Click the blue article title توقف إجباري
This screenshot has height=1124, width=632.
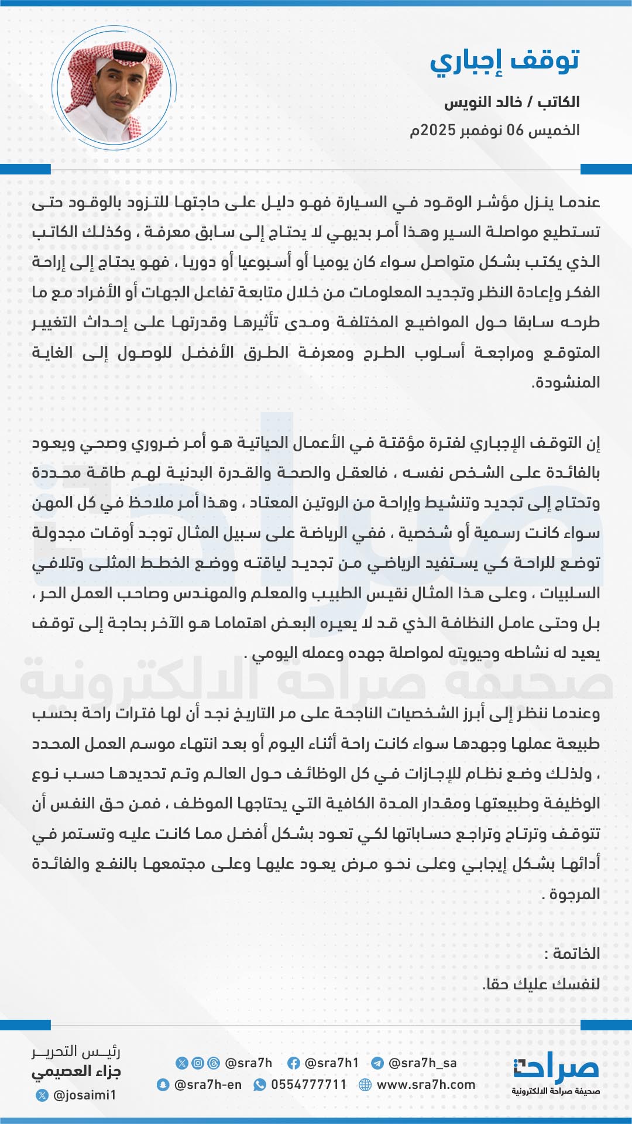point(504,61)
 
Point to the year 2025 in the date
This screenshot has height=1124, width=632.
point(438,130)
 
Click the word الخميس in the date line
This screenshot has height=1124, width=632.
point(553,130)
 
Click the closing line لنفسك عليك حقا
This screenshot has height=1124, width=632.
point(541,984)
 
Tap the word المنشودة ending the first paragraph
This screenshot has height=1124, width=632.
point(566,383)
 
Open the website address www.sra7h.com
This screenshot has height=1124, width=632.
point(426,1085)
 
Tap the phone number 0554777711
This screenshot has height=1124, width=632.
point(308,1085)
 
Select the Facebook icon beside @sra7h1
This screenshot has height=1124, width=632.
point(294,1063)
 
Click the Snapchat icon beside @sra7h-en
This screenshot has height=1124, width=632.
point(163,1085)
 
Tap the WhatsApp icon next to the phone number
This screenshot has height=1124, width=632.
point(259,1085)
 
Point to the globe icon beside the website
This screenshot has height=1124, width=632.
point(365,1085)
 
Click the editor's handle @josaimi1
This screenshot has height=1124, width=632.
point(84,1095)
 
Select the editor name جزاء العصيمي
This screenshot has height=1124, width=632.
point(76,1072)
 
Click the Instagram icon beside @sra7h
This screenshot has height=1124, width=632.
point(198,1063)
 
